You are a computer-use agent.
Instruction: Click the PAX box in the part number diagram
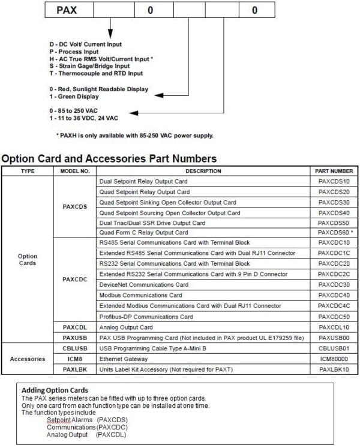point(67,10)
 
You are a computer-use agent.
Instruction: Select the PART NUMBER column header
point(334,171)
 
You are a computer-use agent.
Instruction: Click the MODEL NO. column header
point(75,171)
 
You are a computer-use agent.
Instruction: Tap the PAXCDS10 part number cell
point(334,181)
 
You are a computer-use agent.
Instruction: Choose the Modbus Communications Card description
point(140,296)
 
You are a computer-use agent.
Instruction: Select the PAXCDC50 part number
point(334,317)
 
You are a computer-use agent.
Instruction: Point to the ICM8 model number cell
point(75,359)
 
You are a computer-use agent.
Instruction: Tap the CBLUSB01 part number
point(334,348)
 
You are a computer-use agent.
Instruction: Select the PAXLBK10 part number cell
point(334,369)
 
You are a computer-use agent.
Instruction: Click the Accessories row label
point(28,359)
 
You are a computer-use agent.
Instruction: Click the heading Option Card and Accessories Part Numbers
point(109,158)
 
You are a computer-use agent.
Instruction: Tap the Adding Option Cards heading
point(55,390)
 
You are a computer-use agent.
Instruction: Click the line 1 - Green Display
point(74,97)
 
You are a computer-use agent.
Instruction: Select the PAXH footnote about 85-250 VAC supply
point(135,135)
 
